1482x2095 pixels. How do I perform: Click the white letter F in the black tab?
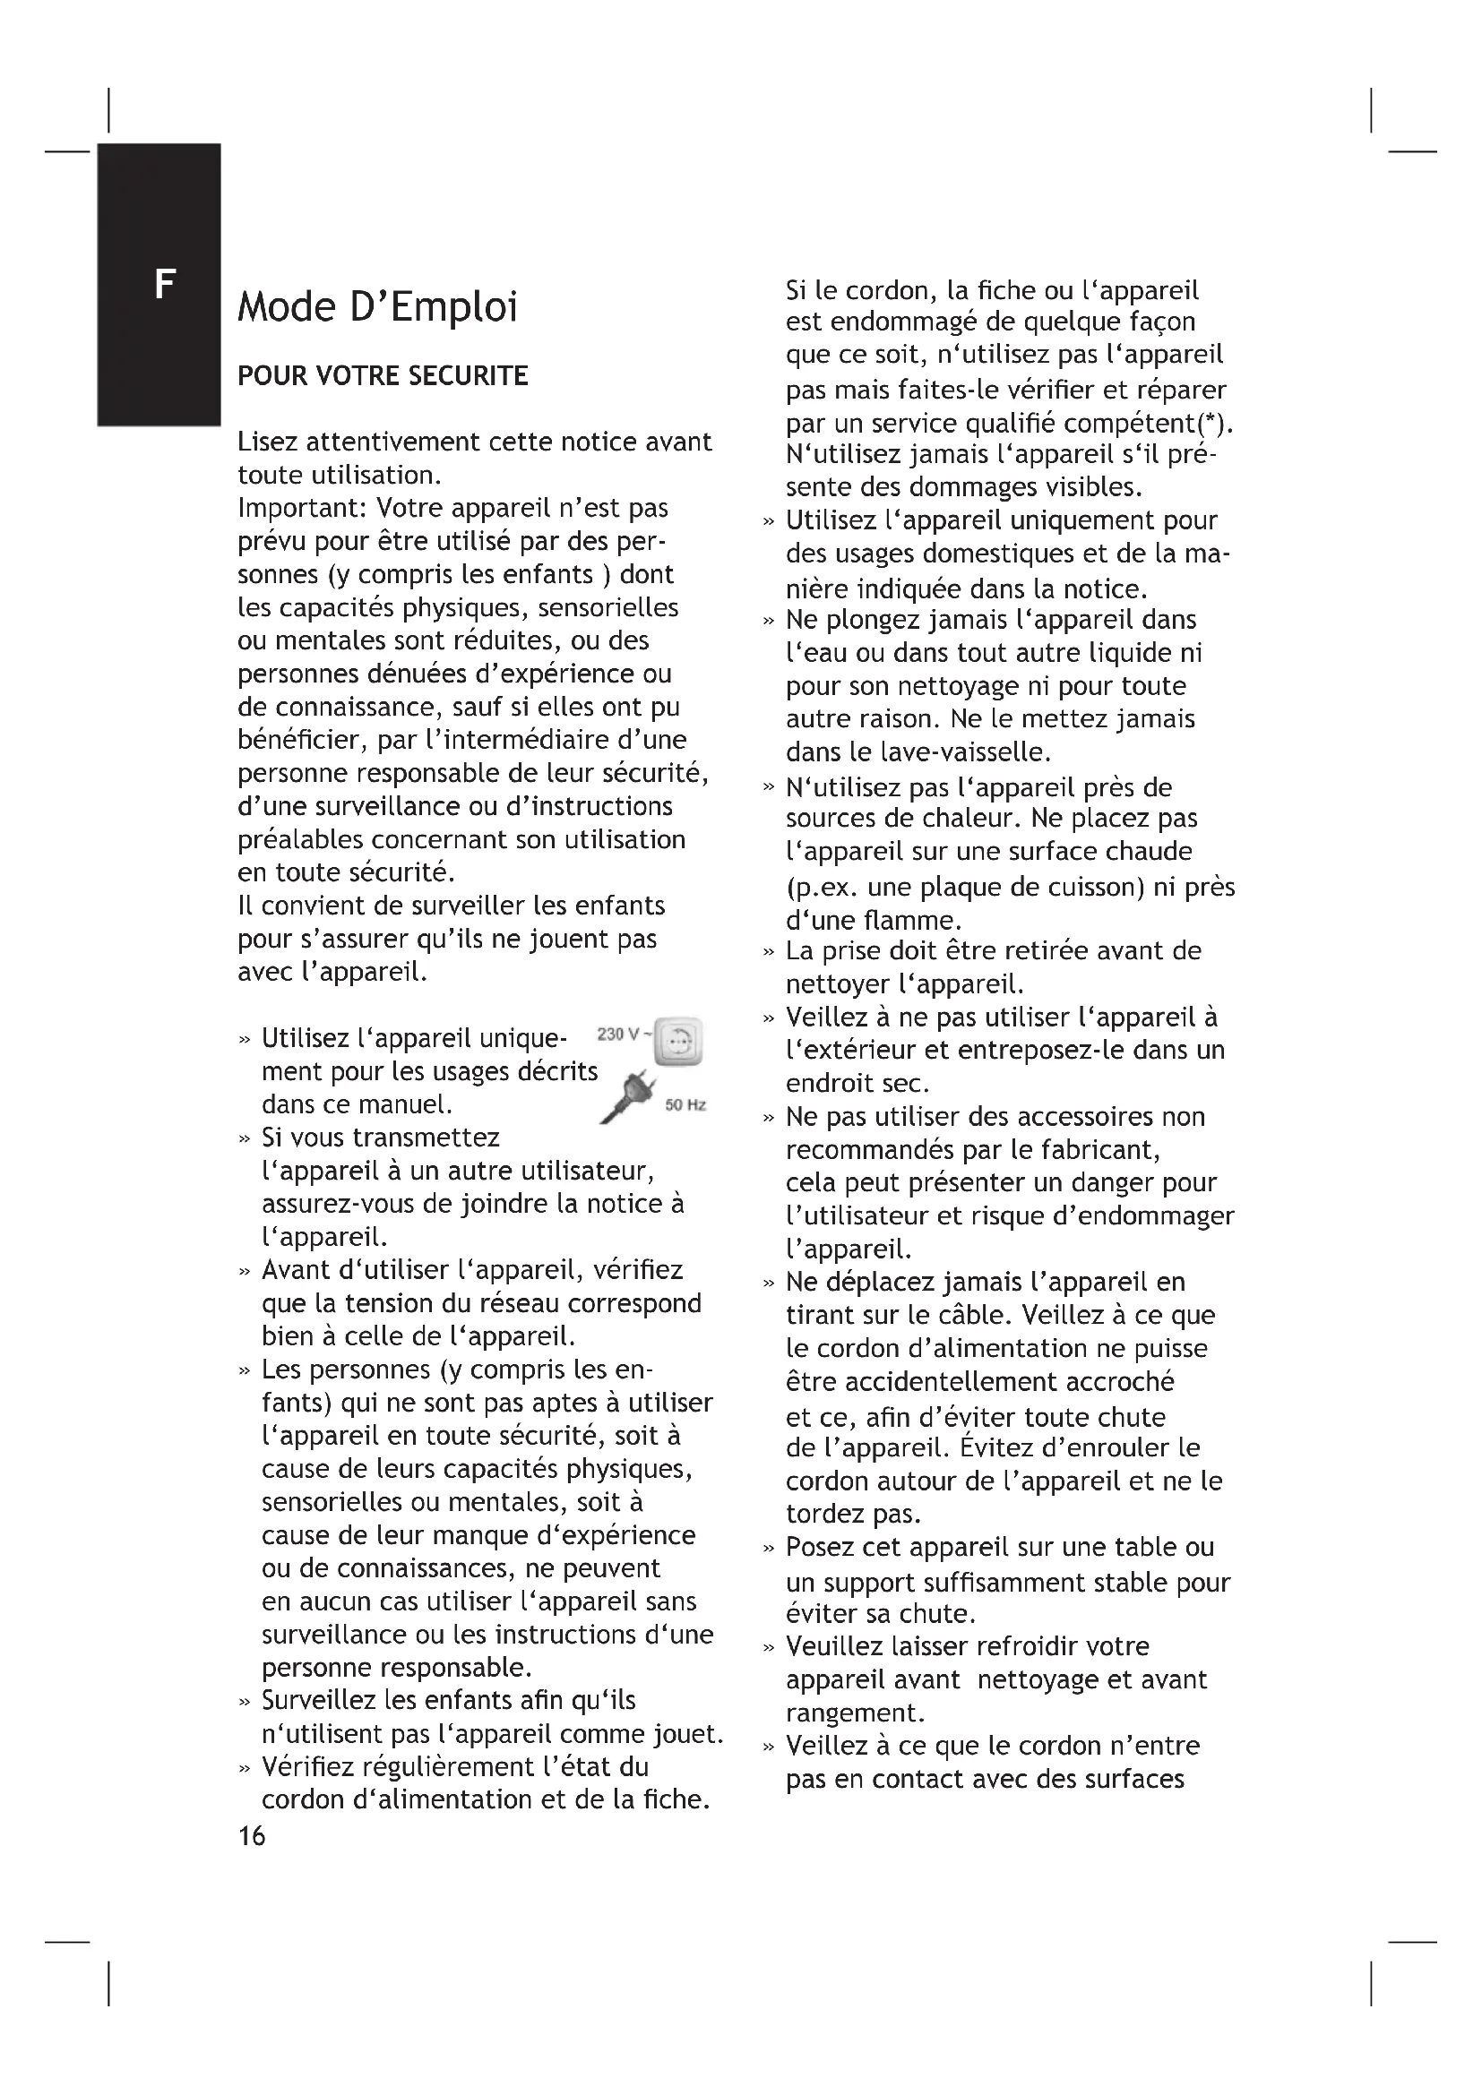164,286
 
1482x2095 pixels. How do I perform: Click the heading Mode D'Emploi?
377,307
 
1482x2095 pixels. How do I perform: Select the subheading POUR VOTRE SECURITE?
383,376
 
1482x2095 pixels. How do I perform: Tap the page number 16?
251,1836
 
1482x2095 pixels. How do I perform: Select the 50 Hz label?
685,1105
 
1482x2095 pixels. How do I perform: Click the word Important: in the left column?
303,508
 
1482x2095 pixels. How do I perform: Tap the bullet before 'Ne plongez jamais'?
769,622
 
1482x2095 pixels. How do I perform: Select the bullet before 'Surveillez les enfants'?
244,1702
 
